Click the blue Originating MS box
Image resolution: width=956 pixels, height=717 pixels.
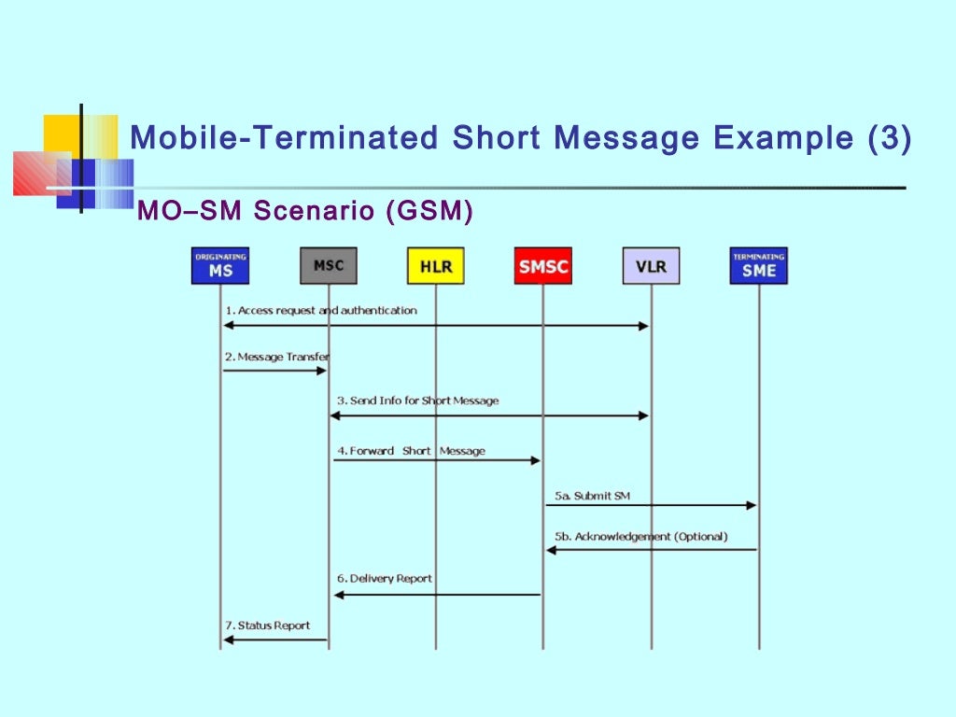pos(220,266)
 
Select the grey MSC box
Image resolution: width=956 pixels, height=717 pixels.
pos(329,266)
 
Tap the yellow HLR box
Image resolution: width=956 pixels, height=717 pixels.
pos(435,266)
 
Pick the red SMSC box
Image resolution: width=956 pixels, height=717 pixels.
pos(543,266)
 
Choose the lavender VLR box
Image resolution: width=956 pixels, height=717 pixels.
pos(651,266)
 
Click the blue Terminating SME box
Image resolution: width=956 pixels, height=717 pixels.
pos(758,266)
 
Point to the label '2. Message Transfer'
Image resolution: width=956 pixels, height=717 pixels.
pos(276,357)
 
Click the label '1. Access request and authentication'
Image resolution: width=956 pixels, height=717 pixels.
pos(320,310)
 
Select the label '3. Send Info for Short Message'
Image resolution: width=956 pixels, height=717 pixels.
pos(417,401)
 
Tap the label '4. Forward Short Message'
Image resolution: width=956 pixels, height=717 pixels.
pos(411,451)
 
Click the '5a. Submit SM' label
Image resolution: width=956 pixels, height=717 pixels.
pos(592,496)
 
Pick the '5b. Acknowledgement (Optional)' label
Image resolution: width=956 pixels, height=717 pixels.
pos(640,537)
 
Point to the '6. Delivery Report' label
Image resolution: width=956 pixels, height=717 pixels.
pos(385,579)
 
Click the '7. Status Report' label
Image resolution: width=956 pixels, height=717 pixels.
pos(267,626)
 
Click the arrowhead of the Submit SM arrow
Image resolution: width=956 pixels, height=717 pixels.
pos(751,505)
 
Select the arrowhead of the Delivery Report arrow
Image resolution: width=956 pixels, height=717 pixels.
pos(340,595)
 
